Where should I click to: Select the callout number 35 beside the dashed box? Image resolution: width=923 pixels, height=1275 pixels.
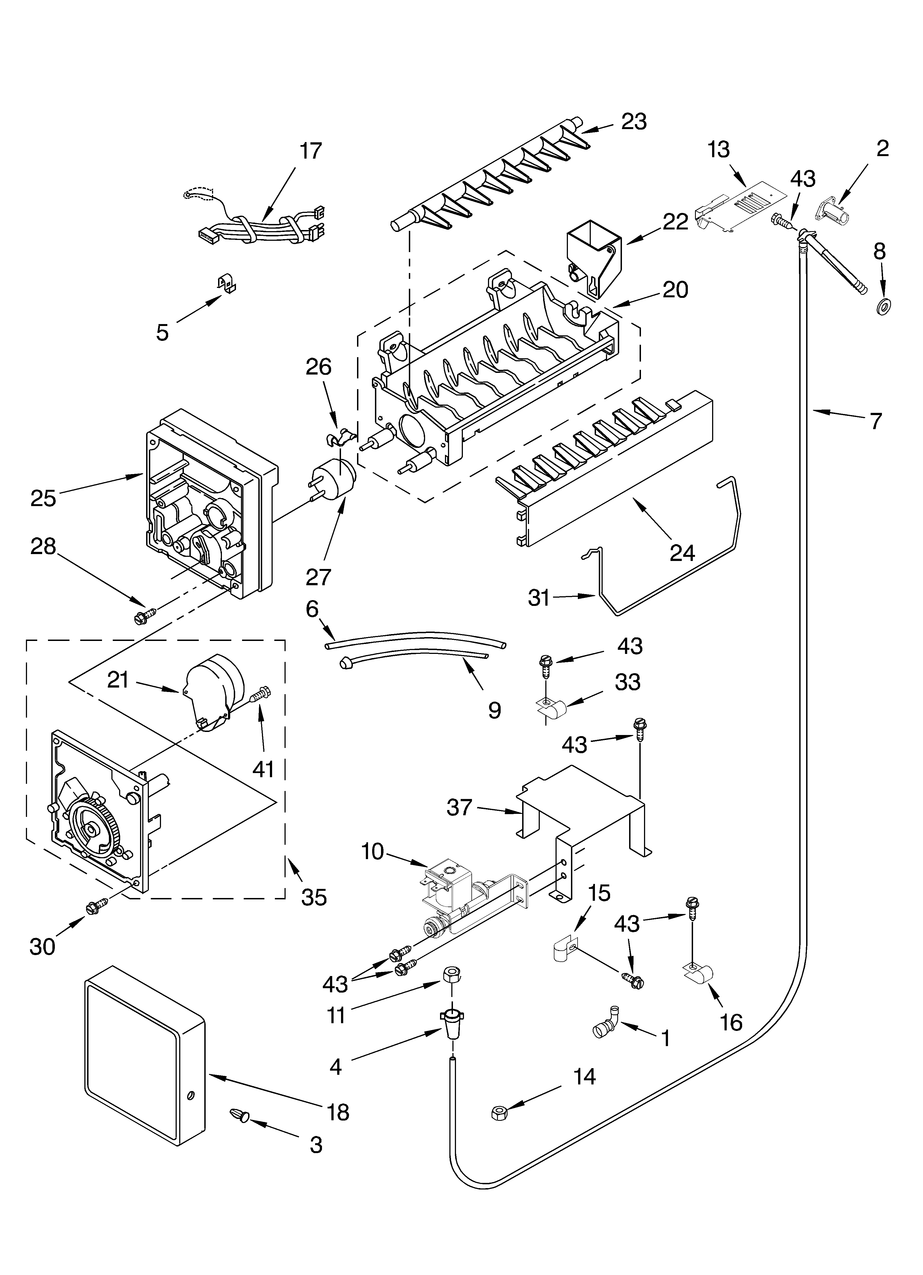tap(314, 897)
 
